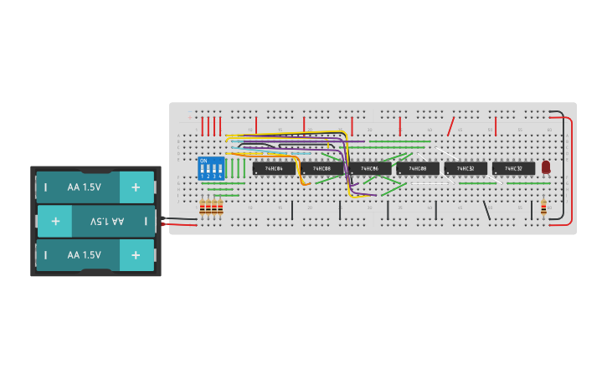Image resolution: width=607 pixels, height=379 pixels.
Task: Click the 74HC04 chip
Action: click(x=274, y=168)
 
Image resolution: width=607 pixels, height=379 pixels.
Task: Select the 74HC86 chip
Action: click(x=370, y=168)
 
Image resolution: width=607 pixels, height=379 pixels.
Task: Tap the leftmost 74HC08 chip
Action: click(x=322, y=168)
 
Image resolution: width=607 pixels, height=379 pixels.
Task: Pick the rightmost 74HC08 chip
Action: click(x=418, y=168)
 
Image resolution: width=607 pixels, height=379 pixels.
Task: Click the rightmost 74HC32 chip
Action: click(x=513, y=168)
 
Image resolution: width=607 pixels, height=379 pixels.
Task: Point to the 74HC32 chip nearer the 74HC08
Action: click(x=466, y=168)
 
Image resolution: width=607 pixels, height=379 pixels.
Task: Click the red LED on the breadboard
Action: click(x=546, y=167)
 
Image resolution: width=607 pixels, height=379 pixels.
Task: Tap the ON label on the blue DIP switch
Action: click(x=203, y=160)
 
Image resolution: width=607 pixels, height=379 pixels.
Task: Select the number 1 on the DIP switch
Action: click(x=202, y=177)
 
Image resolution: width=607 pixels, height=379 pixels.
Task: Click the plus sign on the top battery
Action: click(x=136, y=187)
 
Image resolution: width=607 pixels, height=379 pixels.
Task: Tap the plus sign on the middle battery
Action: click(x=55, y=221)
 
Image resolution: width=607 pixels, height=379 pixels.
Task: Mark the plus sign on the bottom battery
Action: click(x=136, y=254)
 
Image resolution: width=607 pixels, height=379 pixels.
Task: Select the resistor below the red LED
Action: click(x=543, y=207)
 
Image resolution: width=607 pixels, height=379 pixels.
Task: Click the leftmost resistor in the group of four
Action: click(x=203, y=207)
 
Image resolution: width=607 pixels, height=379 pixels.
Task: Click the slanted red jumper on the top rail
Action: click(x=450, y=126)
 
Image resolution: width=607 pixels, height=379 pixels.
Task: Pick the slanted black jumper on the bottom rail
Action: click(x=486, y=210)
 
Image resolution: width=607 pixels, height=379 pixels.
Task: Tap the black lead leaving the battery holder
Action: click(x=178, y=219)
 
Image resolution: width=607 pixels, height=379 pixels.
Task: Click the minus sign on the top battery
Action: click(x=46, y=187)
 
